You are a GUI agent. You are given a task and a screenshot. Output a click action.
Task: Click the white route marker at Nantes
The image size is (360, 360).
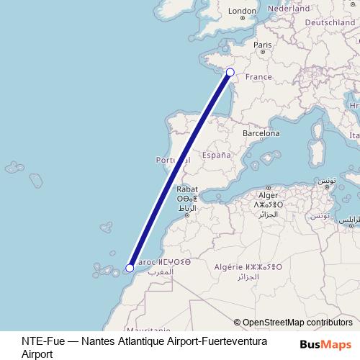[230, 71]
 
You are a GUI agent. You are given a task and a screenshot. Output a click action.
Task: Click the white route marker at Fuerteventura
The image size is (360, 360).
[129, 269]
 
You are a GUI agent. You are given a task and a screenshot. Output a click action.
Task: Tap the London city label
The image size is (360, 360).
[242, 11]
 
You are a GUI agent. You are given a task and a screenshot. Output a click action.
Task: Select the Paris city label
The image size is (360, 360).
[262, 45]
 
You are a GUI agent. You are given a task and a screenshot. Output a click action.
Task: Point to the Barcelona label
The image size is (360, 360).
[261, 133]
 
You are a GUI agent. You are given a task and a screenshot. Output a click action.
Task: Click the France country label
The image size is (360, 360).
[259, 77]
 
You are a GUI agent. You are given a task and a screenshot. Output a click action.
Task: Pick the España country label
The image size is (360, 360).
[216, 155]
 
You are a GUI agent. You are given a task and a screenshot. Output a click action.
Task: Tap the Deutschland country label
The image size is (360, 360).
[330, 23]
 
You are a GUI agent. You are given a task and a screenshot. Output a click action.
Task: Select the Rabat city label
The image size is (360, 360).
[186, 190]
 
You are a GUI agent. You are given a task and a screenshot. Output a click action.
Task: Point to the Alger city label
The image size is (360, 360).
[268, 195]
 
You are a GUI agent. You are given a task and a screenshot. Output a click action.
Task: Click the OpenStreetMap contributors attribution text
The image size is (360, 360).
[297, 323]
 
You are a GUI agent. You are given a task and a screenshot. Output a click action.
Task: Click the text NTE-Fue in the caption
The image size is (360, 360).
[40, 341]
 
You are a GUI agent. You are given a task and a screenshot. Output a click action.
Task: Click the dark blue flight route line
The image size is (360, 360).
[180, 170]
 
